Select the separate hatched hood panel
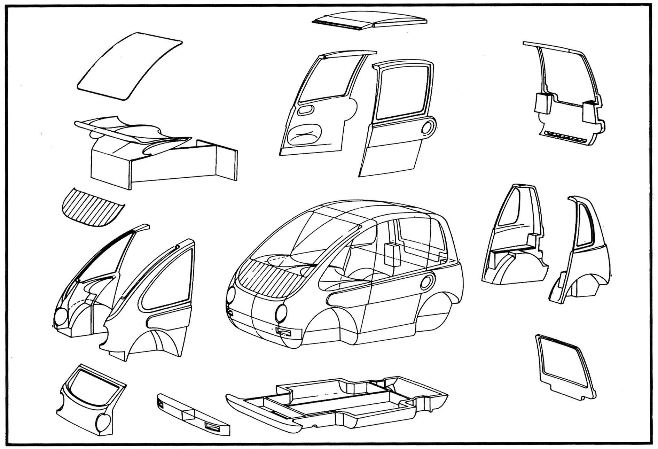pos(91,208)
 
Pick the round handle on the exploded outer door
pos(428,127)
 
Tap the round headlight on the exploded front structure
pos(61,316)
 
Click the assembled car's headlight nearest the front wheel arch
pos(281,312)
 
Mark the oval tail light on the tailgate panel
pos(104,423)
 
